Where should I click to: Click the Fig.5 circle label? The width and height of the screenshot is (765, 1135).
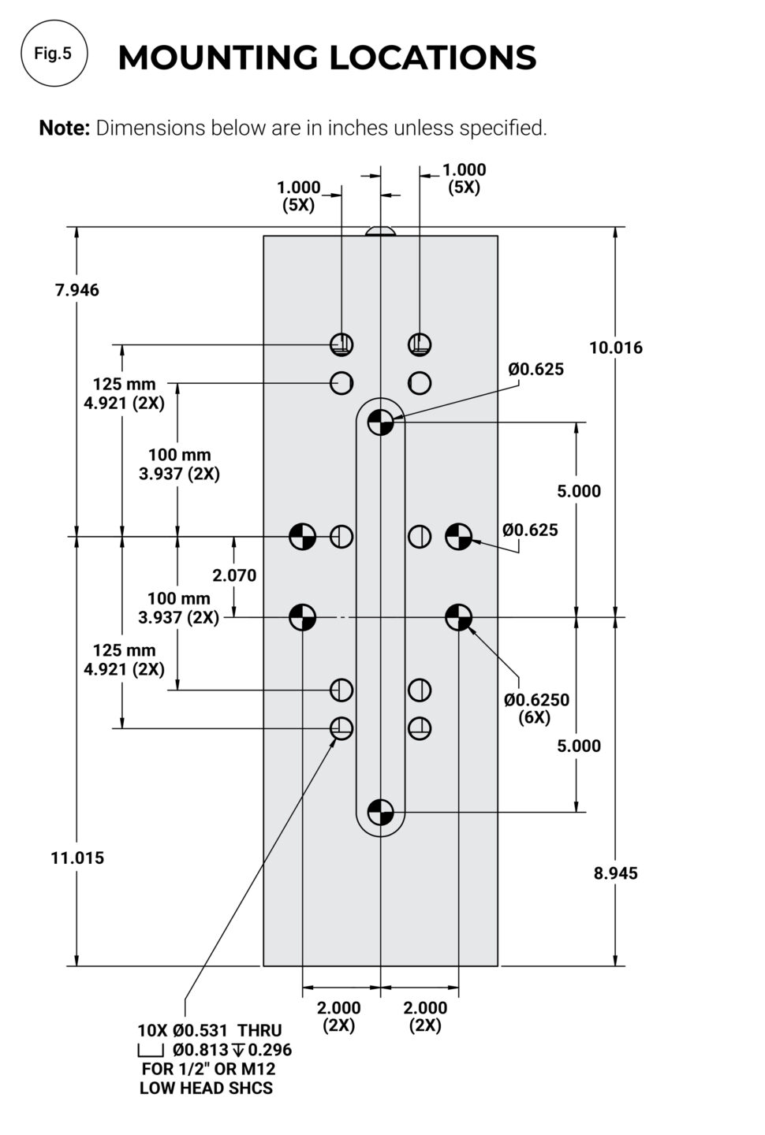(53, 54)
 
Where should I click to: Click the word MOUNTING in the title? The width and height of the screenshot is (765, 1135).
(218, 58)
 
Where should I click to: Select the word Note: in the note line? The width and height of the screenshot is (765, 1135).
(64, 128)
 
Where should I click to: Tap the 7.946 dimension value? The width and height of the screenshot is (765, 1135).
(77, 290)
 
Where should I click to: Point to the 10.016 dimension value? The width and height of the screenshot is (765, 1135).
(616, 348)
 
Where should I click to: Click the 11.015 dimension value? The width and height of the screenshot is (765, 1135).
(77, 858)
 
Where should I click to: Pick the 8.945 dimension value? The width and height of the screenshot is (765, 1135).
(616, 873)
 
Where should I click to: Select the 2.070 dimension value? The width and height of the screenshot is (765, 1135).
(235, 575)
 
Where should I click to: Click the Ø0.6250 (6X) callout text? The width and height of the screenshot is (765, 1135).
(537, 708)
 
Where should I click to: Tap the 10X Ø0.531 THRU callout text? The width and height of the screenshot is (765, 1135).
(209, 1030)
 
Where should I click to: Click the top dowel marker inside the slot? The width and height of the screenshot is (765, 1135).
(380, 422)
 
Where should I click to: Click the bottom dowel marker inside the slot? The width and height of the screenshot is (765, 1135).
(380, 811)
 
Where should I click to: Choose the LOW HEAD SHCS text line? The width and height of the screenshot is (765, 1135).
(206, 1088)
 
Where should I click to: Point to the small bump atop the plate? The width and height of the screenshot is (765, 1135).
(381, 232)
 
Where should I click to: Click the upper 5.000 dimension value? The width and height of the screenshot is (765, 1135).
(579, 491)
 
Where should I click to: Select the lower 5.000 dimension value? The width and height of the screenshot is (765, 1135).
(579, 746)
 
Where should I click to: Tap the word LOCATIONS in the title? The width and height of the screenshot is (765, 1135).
(432, 58)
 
